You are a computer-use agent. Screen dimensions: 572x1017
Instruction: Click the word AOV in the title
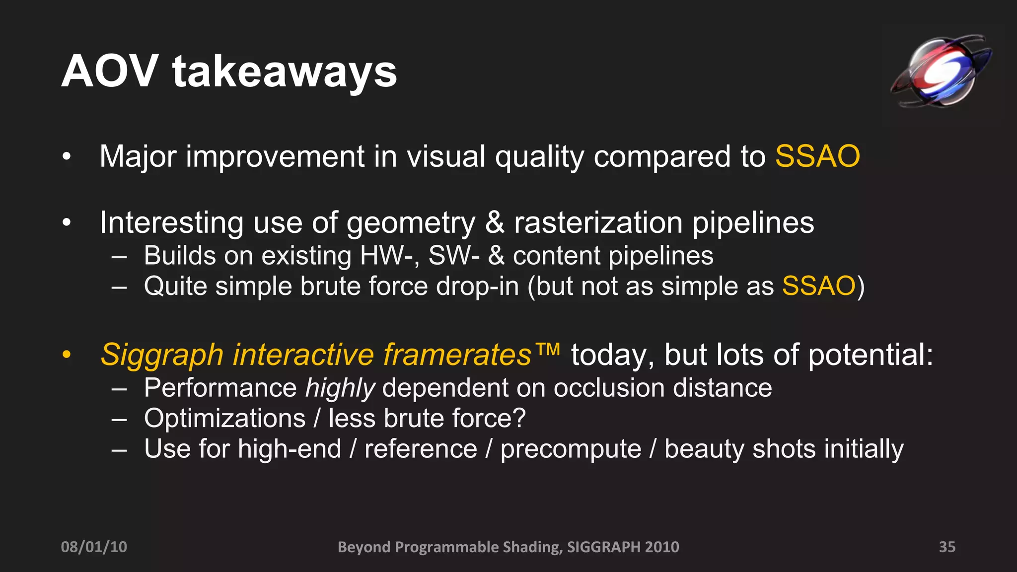(x=110, y=71)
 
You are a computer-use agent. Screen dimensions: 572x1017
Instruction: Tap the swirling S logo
(x=940, y=71)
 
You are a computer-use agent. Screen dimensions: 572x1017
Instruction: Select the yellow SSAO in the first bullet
(x=817, y=156)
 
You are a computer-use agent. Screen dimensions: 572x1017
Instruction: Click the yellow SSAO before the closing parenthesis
(x=819, y=286)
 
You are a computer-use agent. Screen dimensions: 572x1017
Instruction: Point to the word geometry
(x=411, y=223)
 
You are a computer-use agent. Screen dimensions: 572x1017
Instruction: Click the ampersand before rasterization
(x=495, y=222)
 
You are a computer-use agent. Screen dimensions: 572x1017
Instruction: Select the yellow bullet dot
(x=67, y=355)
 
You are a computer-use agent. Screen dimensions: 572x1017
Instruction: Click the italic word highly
(x=340, y=388)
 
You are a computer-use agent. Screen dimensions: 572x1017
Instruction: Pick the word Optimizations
(x=224, y=419)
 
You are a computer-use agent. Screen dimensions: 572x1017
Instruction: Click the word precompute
(x=571, y=449)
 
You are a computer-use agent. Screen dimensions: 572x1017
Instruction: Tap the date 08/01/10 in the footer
(x=94, y=547)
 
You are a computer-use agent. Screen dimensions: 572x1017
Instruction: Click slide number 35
(x=947, y=547)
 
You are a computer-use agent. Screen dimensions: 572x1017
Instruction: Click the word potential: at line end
(x=871, y=356)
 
